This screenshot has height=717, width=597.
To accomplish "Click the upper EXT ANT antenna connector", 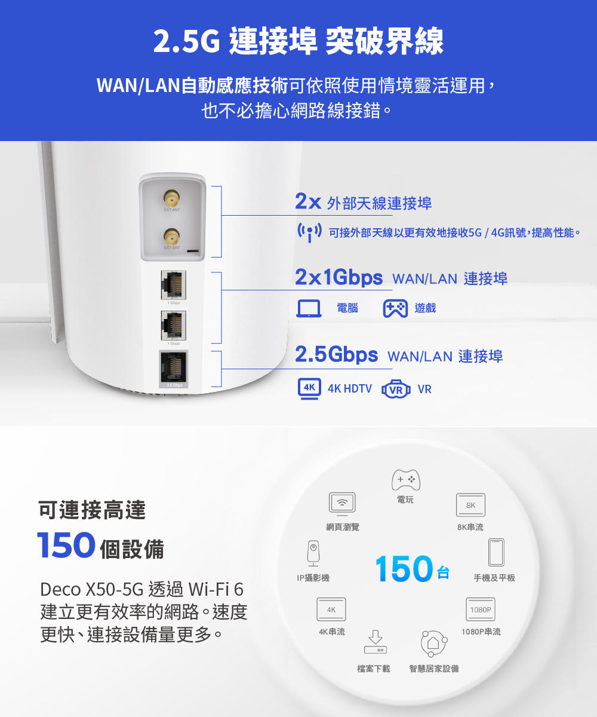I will [172, 198].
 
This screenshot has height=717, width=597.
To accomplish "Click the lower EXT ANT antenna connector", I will [172, 235].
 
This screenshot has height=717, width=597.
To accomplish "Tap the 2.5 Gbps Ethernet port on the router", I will [173, 367].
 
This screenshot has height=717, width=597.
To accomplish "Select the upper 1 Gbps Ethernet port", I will [173, 285].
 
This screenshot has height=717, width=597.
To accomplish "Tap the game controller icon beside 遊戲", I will [395, 308].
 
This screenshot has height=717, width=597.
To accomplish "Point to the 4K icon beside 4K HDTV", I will [309, 388].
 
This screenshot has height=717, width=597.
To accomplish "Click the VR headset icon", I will [396, 389].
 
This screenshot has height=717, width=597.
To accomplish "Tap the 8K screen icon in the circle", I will [470, 505].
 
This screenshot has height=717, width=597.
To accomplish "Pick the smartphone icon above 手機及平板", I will [496, 552].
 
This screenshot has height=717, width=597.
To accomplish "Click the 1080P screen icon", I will [480, 609].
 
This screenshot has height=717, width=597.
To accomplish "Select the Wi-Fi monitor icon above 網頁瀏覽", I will [342, 503].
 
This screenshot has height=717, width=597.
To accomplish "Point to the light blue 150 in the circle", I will [404, 568].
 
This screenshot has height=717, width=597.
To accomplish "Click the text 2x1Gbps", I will [338, 277].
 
